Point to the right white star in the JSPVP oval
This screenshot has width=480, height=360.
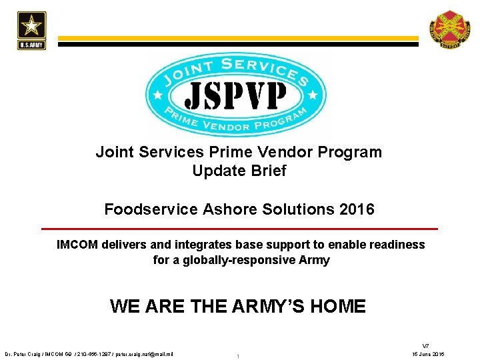pyautogui.click(x=313, y=94)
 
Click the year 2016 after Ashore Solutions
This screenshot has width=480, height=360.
pyautogui.click(x=357, y=209)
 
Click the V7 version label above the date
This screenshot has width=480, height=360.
pyautogui.click(x=426, y=345)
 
